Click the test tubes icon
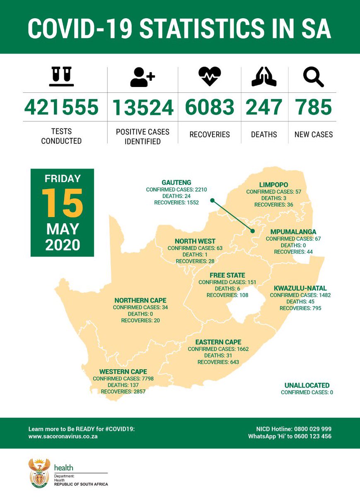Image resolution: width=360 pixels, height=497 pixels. [61, 77]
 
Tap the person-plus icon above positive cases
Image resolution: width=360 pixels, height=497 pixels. [142, 77]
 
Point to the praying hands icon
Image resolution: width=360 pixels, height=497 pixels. [264, 77]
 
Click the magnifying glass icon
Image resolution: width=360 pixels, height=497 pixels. [313, 77]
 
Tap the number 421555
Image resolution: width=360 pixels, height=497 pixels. [61, 107]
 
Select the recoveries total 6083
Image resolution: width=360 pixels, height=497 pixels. [210, 107]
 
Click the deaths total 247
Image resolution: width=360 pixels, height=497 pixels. [264, 107]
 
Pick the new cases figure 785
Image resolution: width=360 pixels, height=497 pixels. [313, 107]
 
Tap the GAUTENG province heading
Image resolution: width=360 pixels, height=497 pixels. [176, 182]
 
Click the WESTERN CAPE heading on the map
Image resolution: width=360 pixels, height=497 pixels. [123, 372]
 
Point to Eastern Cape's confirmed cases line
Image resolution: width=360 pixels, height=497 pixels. [218, 349]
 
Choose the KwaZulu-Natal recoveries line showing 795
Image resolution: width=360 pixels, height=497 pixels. [300, 308]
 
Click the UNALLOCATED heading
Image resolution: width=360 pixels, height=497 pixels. [307, 385]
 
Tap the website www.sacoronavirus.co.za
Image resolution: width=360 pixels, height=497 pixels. [63, 437]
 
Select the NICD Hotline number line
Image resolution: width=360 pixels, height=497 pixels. [294, 429]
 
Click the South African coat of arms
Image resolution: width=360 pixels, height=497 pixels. [39, 472]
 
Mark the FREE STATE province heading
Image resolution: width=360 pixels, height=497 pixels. [227, 275]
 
